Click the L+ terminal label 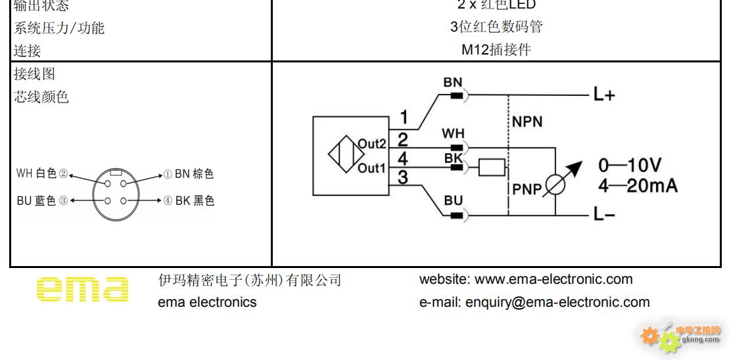603,95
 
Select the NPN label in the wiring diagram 527,122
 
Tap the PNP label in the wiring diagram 527,190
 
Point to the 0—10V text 629,165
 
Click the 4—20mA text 637,186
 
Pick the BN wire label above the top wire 453,83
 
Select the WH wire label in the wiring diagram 453,134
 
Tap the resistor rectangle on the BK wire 492,168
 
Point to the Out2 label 371,144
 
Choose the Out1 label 371,168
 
